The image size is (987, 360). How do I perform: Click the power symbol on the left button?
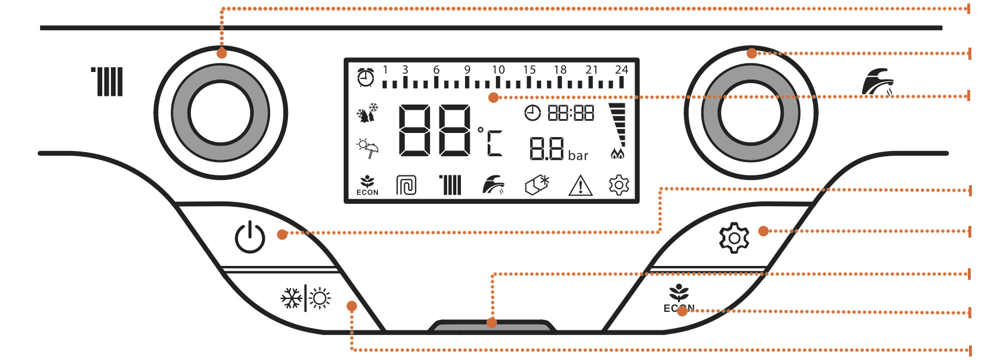pos(250,237)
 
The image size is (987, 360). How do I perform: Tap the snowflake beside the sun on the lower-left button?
pos(291,298)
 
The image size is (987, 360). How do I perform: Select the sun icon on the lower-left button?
pos(320,298)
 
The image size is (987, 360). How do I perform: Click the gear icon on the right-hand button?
pos(734,237)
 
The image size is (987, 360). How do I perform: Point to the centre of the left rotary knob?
pos(221,113)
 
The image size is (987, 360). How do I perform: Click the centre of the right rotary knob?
pos(751,113)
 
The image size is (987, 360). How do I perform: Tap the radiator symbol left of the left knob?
pos(108,82)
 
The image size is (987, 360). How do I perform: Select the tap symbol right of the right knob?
pos(877,82)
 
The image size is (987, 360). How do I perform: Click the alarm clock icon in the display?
pos(366,77)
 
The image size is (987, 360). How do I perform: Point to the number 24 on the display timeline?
pos(621,70)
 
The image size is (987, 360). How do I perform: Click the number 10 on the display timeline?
pos(498,70)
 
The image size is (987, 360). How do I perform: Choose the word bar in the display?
pos(578,156)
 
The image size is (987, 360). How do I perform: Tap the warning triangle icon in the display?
pos(580,186)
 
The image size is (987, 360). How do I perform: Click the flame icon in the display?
pos(618,154)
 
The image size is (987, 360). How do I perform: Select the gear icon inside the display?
pos(619,185)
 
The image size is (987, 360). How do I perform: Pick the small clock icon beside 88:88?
pos(532,113)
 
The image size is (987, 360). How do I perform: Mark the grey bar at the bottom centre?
pos(492,326)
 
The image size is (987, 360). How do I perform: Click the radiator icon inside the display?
pos(451,185)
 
